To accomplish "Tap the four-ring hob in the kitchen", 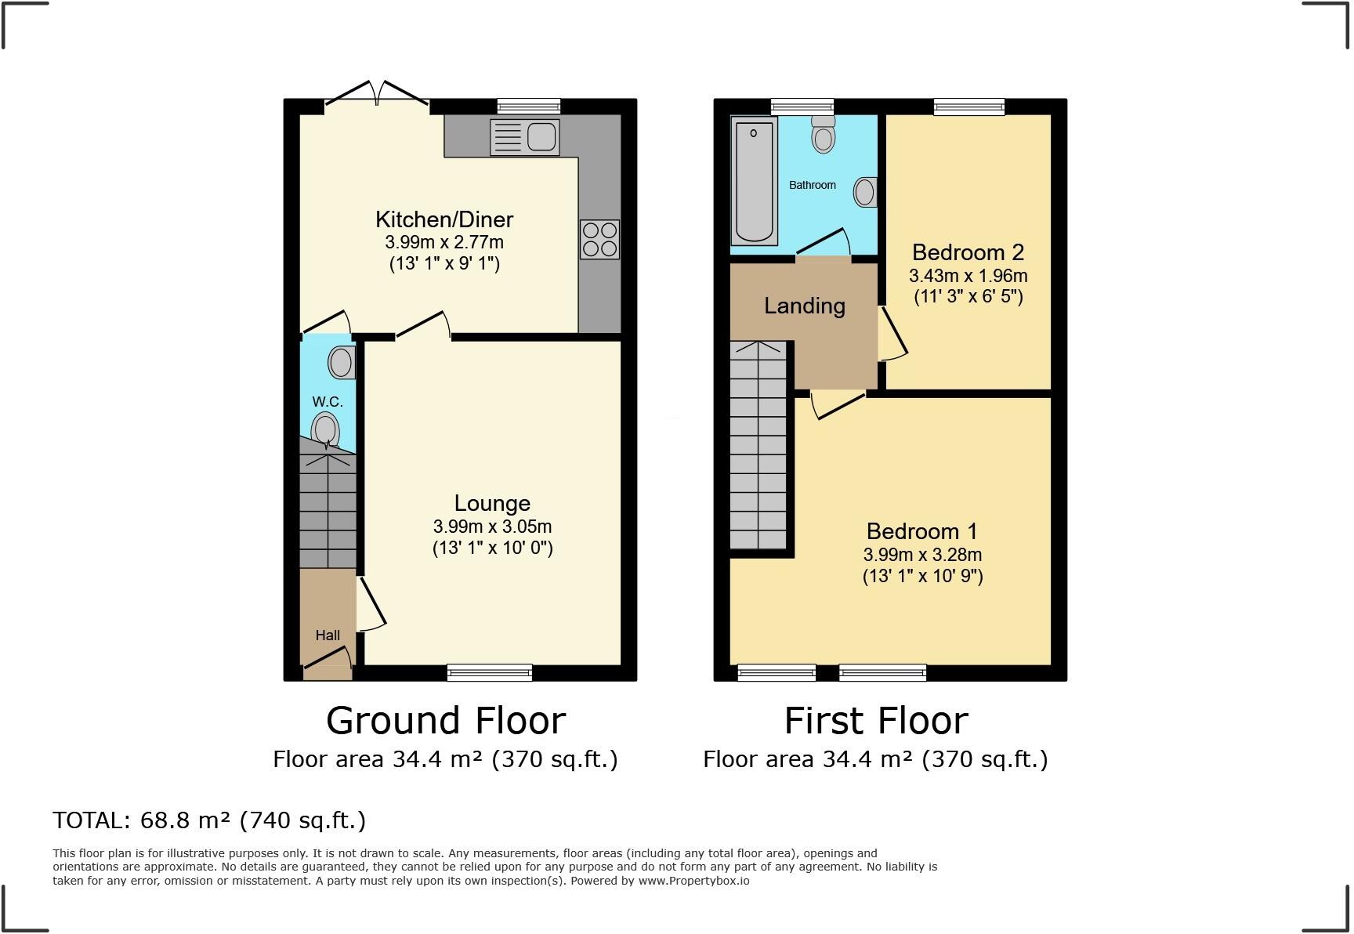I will point(599,239).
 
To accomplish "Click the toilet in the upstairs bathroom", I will point(823,135).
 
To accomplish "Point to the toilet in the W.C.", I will point(324,430).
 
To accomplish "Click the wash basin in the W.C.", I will point(342,363).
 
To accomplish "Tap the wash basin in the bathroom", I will point(864,192).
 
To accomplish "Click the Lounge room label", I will point(492,503).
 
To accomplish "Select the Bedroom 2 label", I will point(968,252).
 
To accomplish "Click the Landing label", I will point(804,306).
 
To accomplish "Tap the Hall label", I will point(328,635).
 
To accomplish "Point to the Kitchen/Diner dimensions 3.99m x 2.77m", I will point(443,242).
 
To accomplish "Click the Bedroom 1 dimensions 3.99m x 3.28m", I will point(922,555).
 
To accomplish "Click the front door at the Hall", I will point(328,671).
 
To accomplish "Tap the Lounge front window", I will point(490,672).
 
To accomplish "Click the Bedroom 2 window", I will point(968,107).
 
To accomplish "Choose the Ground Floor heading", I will point(445,720).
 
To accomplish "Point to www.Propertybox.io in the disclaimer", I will point(693,881).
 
